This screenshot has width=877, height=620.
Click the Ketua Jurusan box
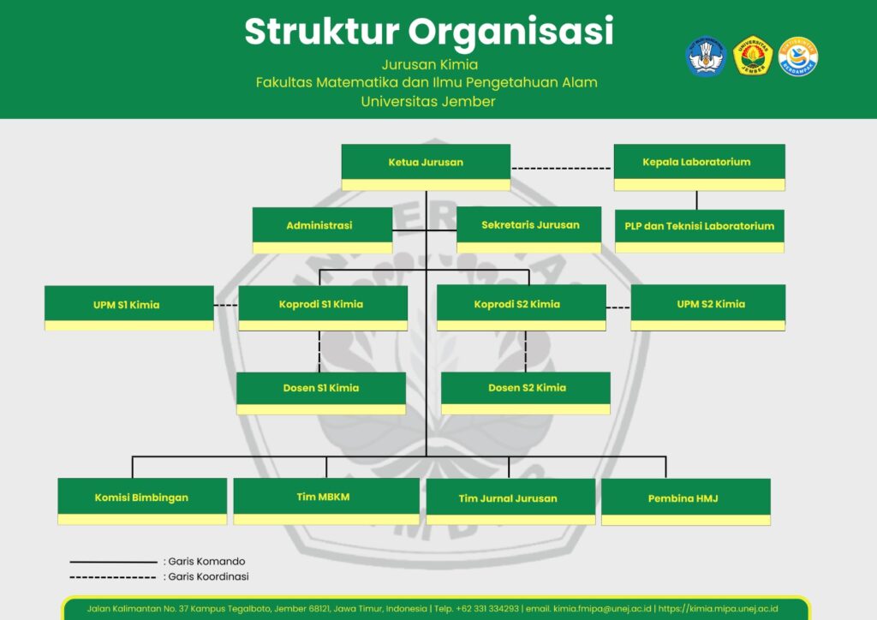pos(426,166)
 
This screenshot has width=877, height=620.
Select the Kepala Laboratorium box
pos(699,166)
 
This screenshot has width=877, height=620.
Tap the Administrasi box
pos(322,230)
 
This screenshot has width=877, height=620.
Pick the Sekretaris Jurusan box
pos(529,230)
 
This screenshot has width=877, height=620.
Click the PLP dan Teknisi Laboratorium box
pos(699,230)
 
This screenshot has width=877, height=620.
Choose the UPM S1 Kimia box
pos(128,307)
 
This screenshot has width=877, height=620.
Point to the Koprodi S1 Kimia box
pos(322,307)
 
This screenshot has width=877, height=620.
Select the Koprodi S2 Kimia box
pos(521,307)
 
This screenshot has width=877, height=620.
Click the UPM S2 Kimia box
pos(707,307)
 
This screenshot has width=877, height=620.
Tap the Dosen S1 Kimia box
pos(321,393)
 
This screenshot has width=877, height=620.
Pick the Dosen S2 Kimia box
pos(526,393)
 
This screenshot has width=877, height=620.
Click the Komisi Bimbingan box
pos(142,501)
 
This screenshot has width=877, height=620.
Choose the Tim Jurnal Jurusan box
pos(510,501)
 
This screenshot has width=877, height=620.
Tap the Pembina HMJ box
pos(685,501)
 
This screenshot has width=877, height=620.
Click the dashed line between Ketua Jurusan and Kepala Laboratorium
pos(562,168)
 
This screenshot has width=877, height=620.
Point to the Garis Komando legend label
pos(206,562)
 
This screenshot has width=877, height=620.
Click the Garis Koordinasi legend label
pos(208,577)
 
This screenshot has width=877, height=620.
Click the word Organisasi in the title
pos(511,32)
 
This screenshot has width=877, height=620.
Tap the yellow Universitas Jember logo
pos(753,56)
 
